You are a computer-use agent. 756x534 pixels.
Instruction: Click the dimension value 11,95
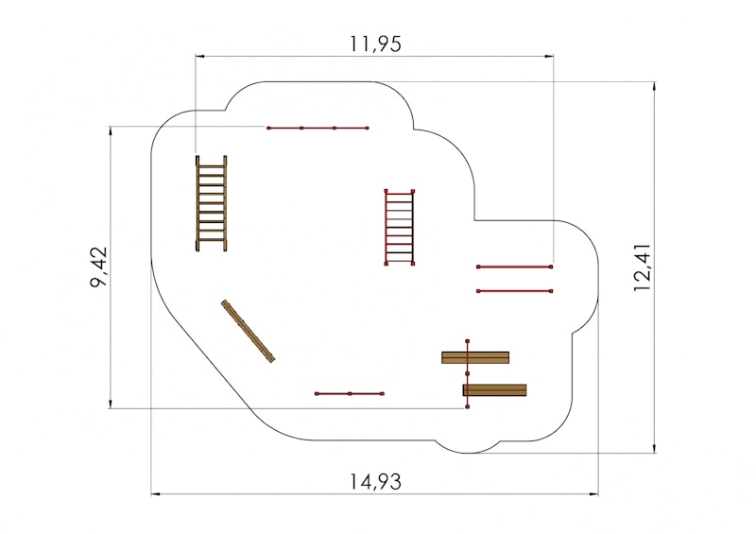pyautogui.click(x=375, y=43)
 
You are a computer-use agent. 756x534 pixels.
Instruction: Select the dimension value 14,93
pyautogui.click(x=375, y=481)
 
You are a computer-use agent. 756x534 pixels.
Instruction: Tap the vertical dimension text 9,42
pyautogui.click(x=99, y=267)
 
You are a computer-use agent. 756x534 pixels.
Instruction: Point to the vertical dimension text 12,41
pyautogui.click(x=643, y=268)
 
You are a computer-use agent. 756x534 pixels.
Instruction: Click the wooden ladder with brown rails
pyautogui.click(x=211, y=203)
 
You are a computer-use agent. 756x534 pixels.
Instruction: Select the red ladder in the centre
pyautogui.click(x=399, y=227)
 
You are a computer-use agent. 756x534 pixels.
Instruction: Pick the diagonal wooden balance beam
pyautogui.click(x=248, y=331)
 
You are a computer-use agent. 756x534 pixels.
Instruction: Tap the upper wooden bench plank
pyautogui.click(x=475, y=357)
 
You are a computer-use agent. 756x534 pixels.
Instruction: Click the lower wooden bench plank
pyautogui.click(x=494, y=389)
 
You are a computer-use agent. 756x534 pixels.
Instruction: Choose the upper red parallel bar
pyautogui.click(x=515, y=267)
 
